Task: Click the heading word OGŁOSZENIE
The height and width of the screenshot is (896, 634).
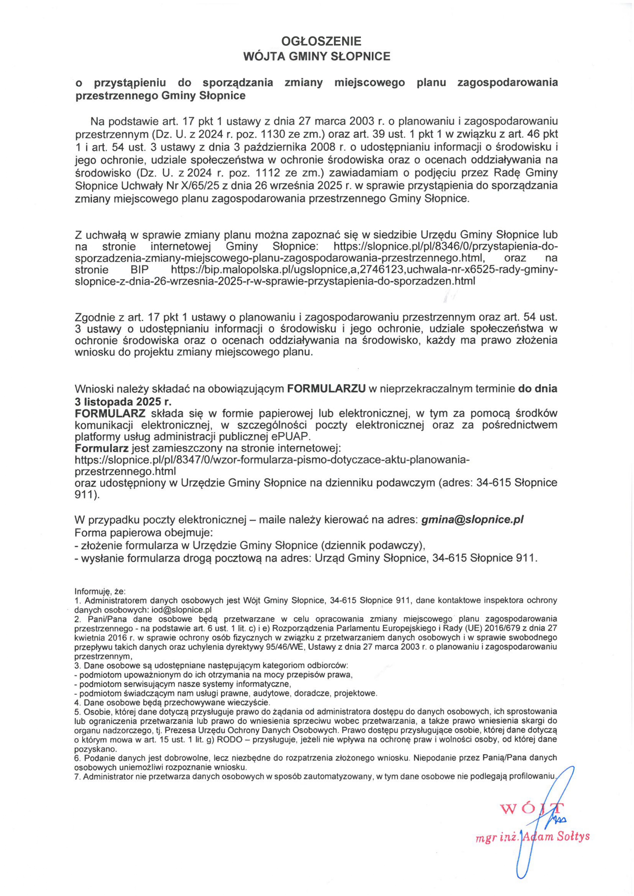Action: point(321,41)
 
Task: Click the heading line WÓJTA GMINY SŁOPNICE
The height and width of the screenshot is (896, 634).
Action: point(316,56)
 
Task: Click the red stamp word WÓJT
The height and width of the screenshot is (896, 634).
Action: point(532,809)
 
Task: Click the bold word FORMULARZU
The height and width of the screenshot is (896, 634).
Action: point(326,389)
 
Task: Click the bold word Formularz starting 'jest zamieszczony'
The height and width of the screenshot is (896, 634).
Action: point(101,448)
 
